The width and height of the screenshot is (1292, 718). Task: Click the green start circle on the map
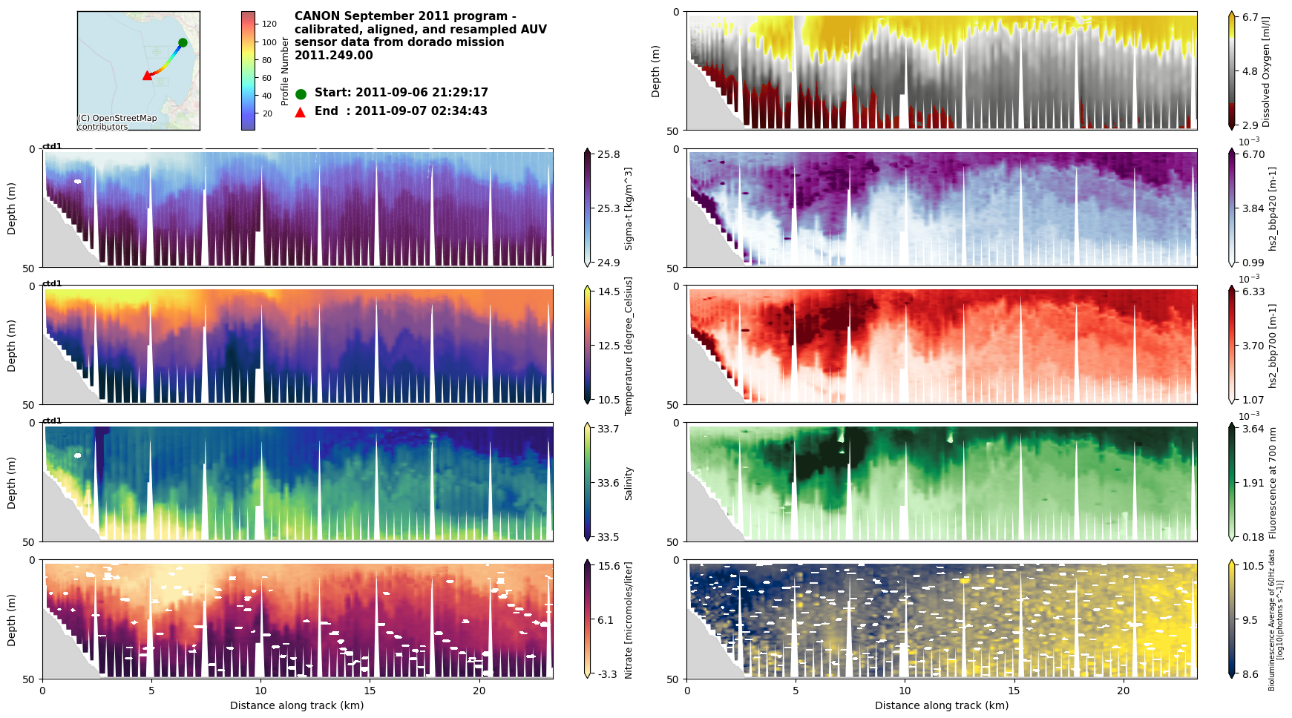[x=183, y=42]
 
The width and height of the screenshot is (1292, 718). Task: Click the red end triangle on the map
[x=147, y=76]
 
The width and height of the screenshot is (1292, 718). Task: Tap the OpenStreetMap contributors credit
[x=117, y=122]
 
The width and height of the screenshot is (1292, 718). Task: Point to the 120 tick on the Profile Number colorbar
[x=269, y=24]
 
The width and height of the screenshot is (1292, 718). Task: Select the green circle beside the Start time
[x=301, y=94]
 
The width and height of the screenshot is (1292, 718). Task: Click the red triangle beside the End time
[x=301, y=112]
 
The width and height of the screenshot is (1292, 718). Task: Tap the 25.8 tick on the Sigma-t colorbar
[x=609, y=154]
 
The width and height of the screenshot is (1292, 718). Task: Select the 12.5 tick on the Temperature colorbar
[x=609, y=346]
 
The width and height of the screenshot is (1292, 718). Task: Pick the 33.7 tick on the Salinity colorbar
[x=609, y=429]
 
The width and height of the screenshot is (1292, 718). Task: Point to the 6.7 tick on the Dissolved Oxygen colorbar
[x=1250, y=17]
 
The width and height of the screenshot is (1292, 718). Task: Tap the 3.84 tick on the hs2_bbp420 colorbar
[x=1253, y=208]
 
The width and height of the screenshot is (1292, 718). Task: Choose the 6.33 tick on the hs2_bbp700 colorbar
[x=1253, y=292]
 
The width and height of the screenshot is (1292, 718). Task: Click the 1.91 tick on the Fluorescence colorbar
[x=1253, y=483]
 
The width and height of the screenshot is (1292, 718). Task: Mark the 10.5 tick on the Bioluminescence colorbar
[x=1253, y=566]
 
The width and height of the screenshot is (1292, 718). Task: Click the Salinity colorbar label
[x=629, y=483]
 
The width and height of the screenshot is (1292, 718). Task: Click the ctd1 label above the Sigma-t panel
[x=52, y=146]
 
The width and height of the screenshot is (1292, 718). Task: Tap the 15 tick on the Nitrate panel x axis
[x=370, y=691]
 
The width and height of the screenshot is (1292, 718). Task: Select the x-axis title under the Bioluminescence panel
[x=941, y=705]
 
